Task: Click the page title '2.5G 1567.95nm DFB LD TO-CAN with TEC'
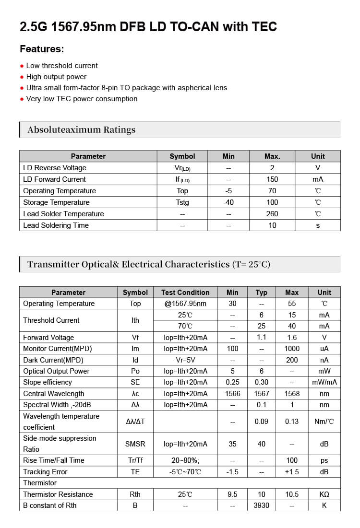[148, 27]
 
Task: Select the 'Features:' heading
[42, 49]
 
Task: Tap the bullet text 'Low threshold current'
[62, 66]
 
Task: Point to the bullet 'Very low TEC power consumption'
[82, 99]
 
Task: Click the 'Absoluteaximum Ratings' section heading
[82, 129]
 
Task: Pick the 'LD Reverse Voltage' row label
[55, 168]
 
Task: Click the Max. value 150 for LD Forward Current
[272, 179]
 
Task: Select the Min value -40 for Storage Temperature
[228, 202]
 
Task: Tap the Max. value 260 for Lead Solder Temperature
[272, 214]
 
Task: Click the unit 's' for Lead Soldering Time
[318, 225]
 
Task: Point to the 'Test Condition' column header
[185, 292]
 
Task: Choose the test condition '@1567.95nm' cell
[185, 304]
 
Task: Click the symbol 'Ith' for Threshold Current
[135, 320]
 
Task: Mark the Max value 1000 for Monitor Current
[292, 349]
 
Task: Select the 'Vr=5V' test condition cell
[185, 360]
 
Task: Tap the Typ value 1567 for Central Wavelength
[261, 394]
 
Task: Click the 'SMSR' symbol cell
[135, 444]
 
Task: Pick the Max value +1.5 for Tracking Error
[292, 472]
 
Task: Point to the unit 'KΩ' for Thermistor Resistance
[324, 494]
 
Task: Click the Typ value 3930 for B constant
[261, 505]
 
